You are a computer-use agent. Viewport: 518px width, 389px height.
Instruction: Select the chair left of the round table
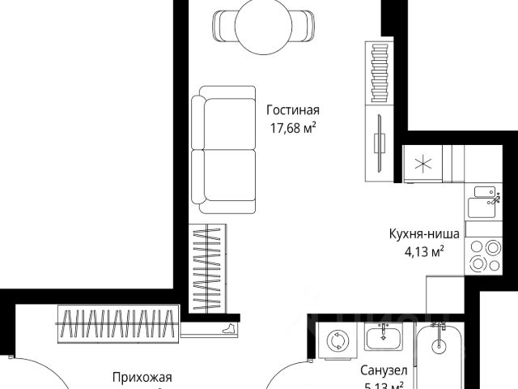[x=219, y=24]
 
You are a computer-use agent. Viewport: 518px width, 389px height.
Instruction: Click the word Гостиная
[x=293, y=110]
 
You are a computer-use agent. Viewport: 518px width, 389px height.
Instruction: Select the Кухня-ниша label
[x=425, y=235]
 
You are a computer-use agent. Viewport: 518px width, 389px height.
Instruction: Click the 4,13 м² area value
[x=425, y=251]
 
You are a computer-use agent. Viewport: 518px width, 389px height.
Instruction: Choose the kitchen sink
[x=486, y=199]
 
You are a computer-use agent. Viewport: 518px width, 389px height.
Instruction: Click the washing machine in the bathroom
[x=335, y=342]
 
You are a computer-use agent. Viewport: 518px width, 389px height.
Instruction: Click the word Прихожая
[x=142, y=377]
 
